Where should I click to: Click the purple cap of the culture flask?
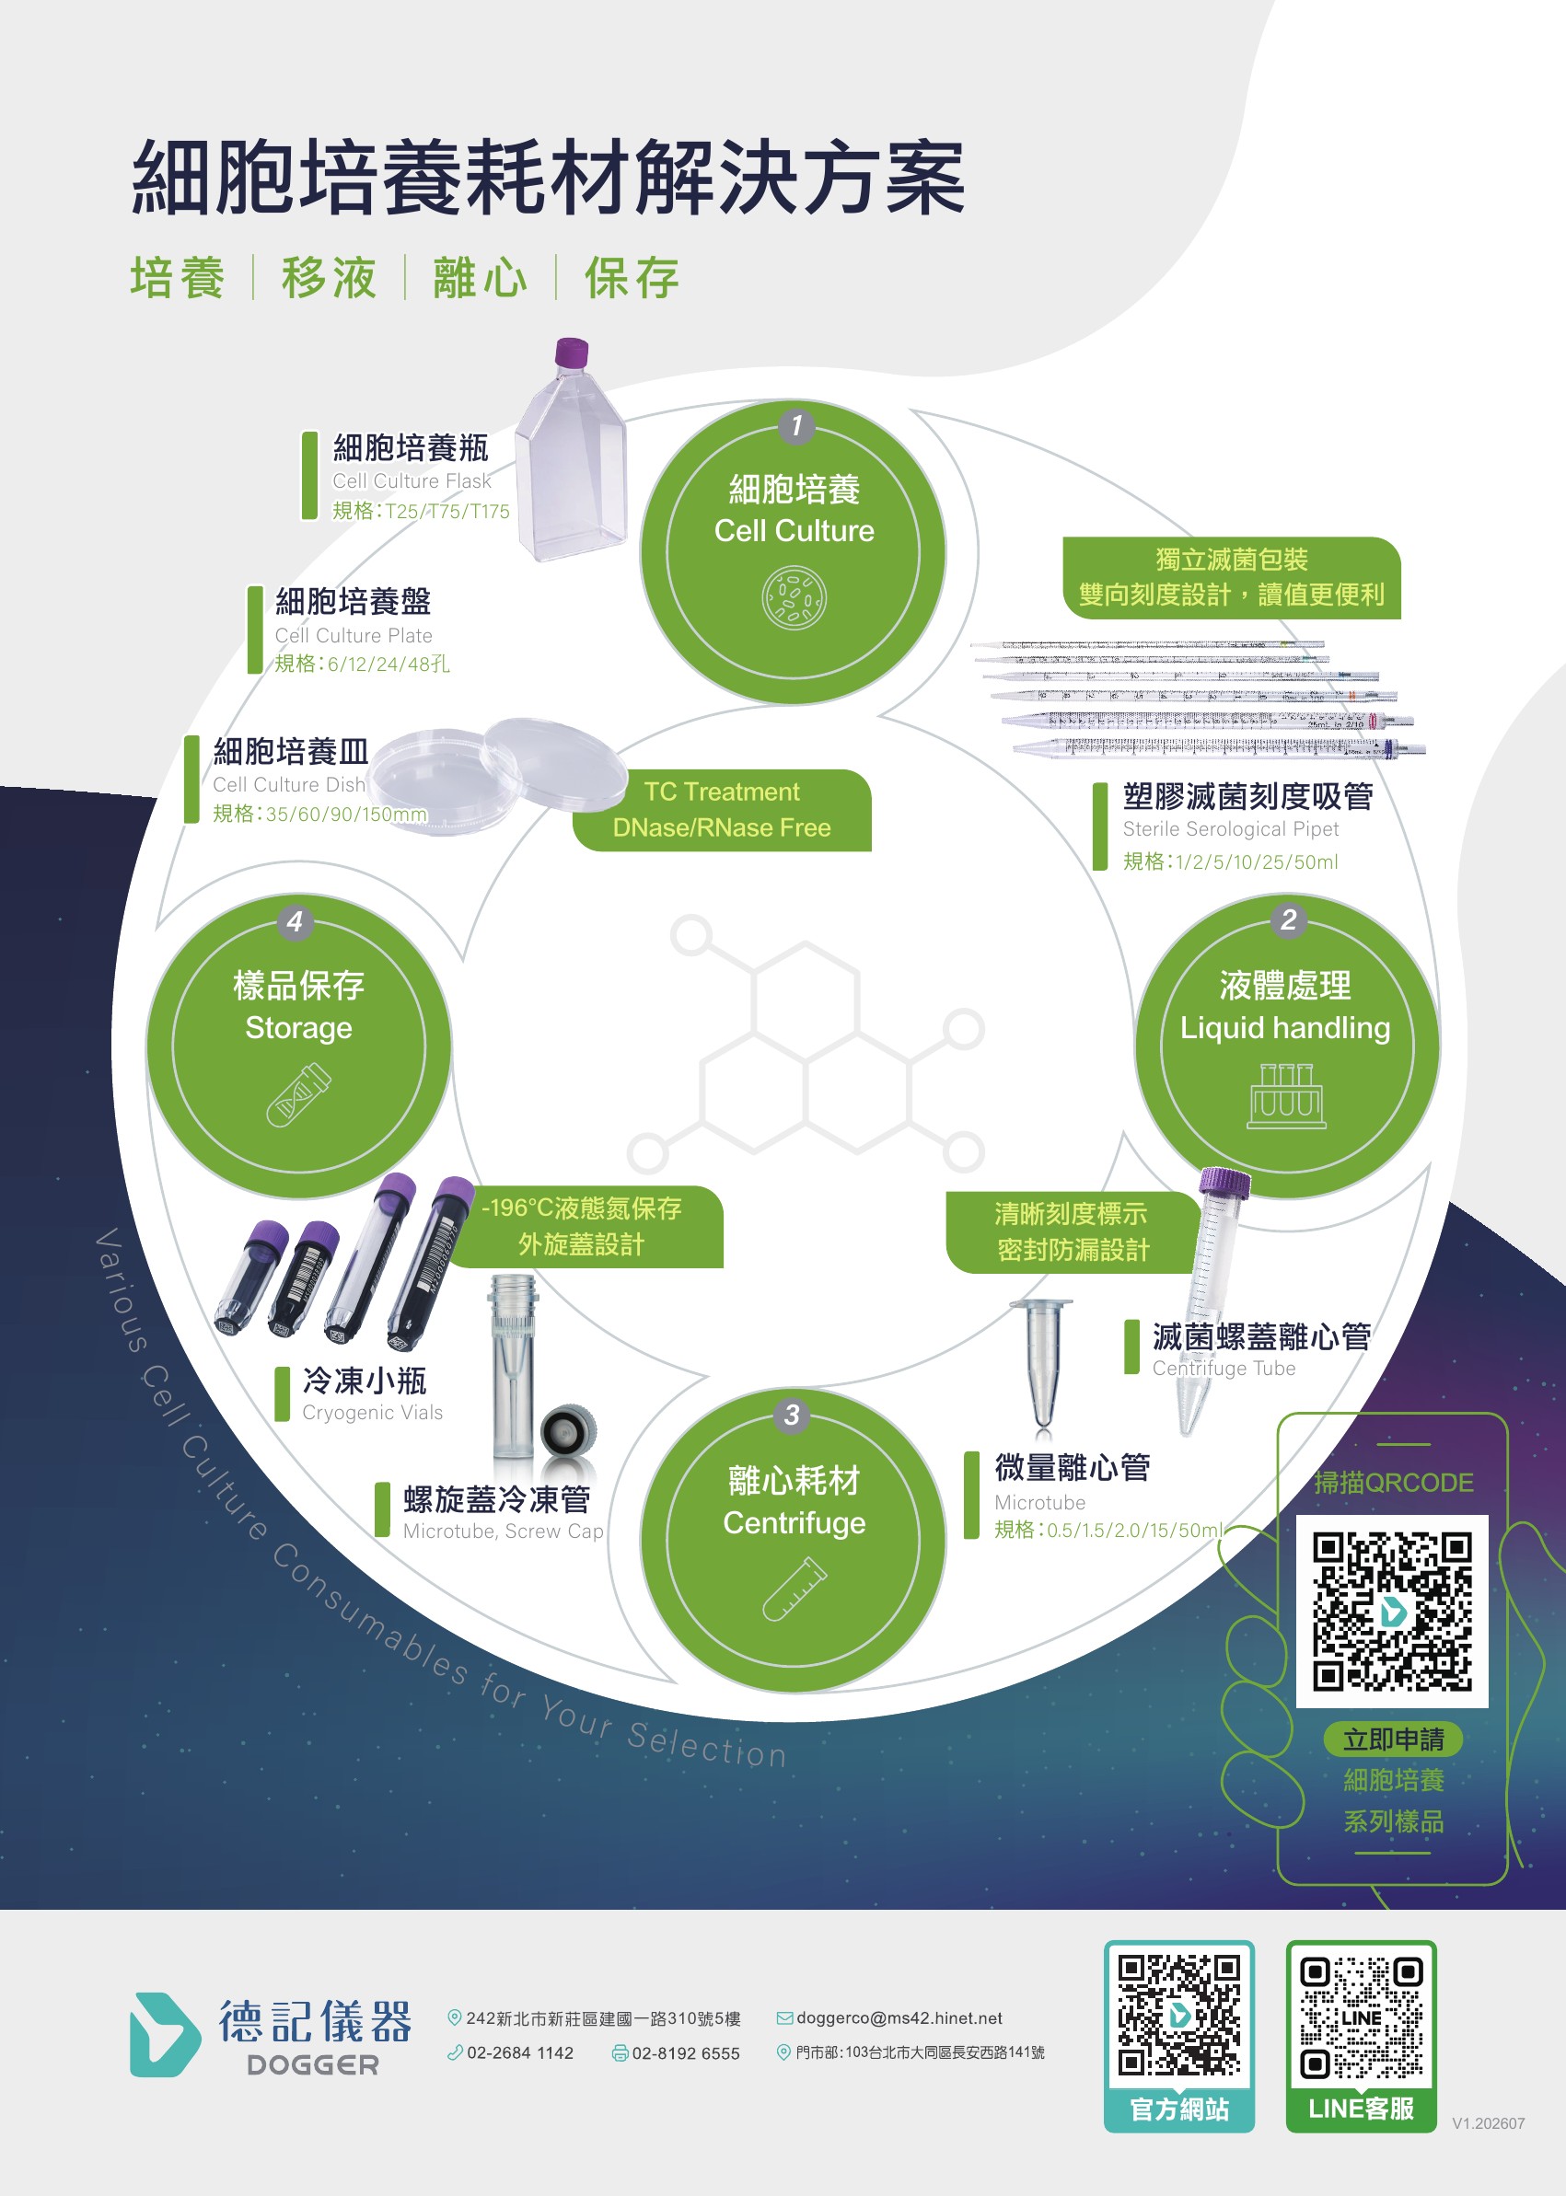(572, 353)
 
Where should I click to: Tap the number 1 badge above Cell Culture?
(796, 425)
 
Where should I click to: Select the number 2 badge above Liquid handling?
(1288, 919)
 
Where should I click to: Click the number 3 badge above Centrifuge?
(793, 1415)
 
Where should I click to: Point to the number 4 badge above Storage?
(296, 920)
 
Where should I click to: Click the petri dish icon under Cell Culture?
(795, 597)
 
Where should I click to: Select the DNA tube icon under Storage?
(299, 1094)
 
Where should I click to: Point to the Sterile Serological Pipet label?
(1230, 829)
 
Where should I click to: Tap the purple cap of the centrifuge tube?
(1224, 1183)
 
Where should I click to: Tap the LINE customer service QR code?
(1361, 2017)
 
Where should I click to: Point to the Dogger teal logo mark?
(164, 2034)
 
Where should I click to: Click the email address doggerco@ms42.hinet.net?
(899, 2017)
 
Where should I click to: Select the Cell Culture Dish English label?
(289, 785)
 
